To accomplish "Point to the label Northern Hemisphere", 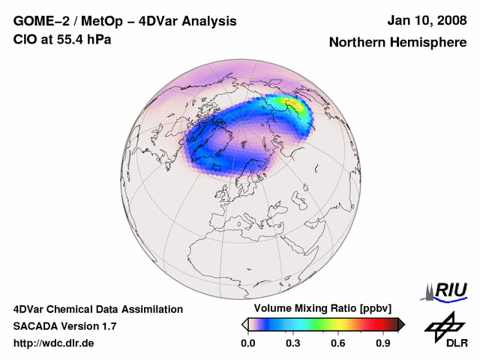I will point(397,43).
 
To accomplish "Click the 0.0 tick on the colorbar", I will point(247,343).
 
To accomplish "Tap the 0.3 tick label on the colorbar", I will point(293,343).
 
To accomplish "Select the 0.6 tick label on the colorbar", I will point(338,343).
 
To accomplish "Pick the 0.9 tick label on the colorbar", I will point(383,343).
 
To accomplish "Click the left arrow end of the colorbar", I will point(244,324).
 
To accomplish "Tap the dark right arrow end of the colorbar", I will point(401,324).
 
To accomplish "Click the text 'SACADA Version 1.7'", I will point(64,326).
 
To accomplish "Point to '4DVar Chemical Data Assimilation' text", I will point(97,309).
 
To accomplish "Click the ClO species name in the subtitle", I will point(24,39).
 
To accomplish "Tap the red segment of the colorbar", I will point(375,324).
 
